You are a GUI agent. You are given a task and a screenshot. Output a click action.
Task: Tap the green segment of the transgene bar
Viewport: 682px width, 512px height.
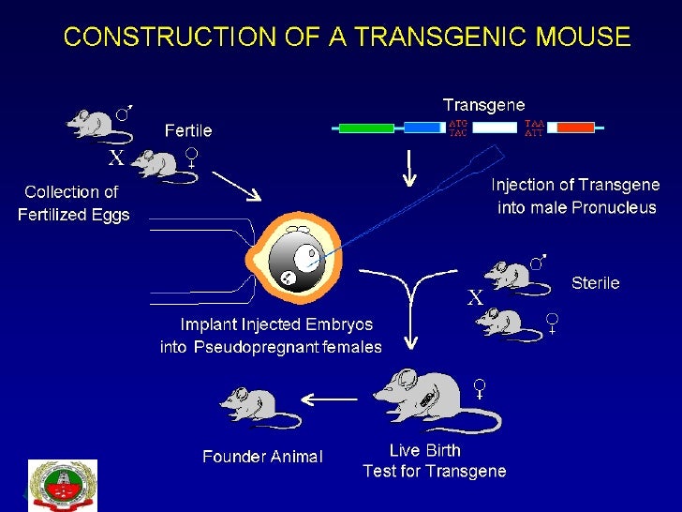365,128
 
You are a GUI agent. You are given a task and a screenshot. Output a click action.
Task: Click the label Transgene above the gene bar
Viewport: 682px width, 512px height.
483,104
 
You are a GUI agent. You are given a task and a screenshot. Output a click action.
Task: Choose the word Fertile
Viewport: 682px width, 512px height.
189,129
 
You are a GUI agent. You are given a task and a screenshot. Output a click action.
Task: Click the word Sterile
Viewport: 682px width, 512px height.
595,282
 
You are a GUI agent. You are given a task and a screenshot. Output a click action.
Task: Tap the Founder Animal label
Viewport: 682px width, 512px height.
262,457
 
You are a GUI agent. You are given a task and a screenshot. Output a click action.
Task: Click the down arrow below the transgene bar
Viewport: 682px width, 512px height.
408,166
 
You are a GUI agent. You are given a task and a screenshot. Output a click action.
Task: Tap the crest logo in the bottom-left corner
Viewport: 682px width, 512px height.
63,485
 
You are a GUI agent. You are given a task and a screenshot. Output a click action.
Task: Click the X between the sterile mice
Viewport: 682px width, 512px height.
475,299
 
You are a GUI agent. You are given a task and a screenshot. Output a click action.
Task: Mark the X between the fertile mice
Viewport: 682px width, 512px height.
116,158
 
